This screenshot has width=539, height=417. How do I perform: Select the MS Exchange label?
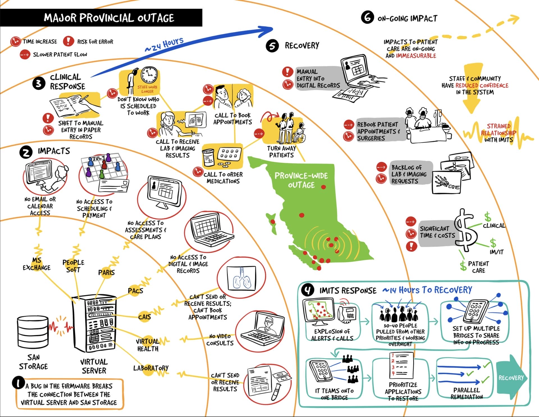pos(36,264)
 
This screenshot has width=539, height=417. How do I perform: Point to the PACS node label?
pos(136,290)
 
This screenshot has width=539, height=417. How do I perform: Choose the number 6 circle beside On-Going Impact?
pos(367,17)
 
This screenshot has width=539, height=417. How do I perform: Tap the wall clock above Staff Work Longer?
pos(149,75)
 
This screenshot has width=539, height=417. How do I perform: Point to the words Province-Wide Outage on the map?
pos(301,180)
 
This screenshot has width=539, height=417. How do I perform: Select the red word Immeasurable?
pos(416,56)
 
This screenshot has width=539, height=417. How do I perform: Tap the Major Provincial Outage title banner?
pos(109,18)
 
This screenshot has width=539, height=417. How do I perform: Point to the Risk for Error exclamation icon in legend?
pos(68,41)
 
